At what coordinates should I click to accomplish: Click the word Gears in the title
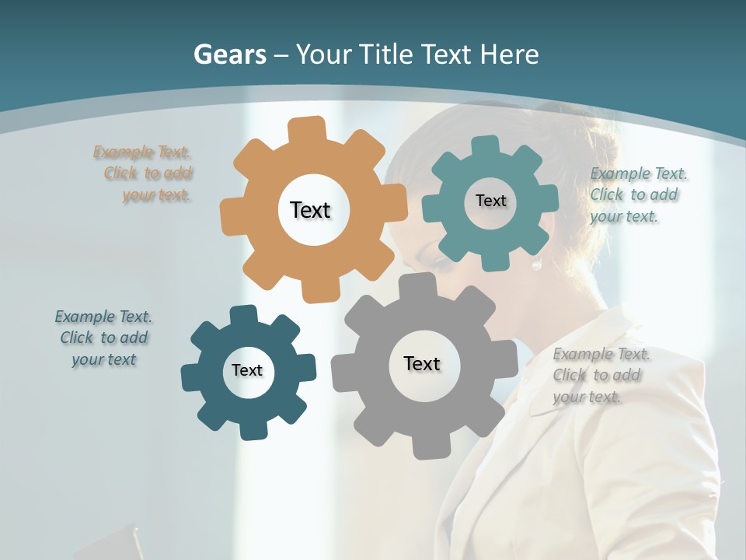[229, 54]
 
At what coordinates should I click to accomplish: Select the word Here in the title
[509, 54]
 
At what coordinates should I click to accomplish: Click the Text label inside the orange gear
[310, 210]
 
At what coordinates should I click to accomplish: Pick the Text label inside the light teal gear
[490, 201]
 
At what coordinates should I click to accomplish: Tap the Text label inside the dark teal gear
[247, 370]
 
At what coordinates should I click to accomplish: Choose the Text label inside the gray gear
[422, 363]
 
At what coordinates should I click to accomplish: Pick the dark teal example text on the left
[103, 338]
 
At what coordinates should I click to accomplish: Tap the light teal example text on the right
[637, 194]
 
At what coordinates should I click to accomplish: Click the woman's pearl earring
[536, 264]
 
